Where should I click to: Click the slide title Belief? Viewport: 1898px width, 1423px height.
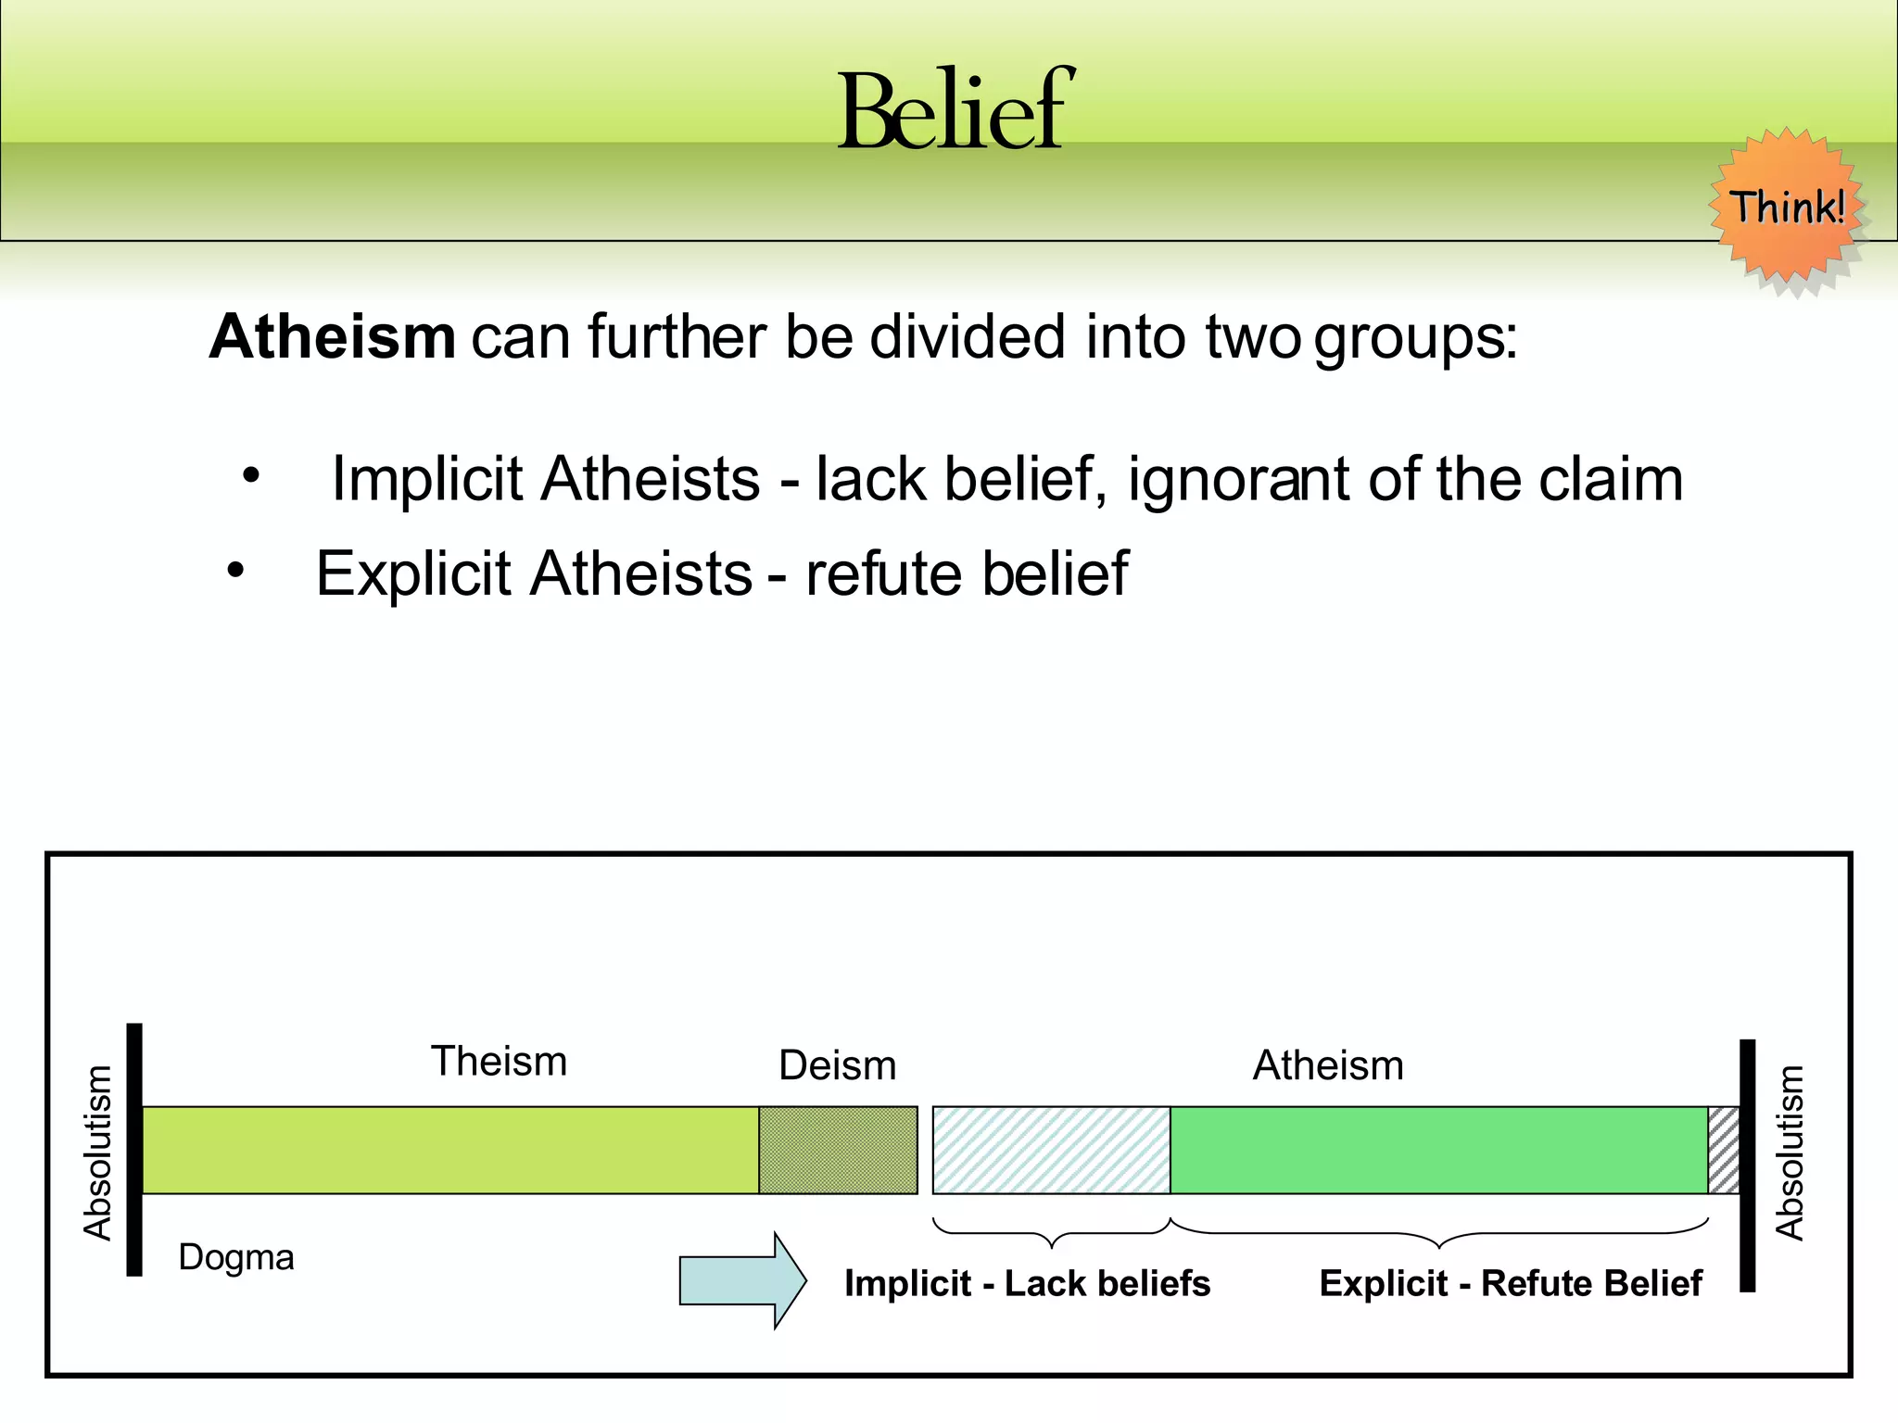[x=955, y=111]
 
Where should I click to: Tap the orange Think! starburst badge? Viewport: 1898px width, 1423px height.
[x=1787, y=208]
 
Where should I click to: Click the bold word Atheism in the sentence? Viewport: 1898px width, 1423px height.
[x=333, y=336]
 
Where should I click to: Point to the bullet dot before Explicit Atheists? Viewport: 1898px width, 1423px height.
[x=235, y=571]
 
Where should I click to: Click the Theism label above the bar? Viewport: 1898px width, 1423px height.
[x=499, y=1062]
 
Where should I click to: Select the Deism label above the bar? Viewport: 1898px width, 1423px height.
[x=837, y=1065]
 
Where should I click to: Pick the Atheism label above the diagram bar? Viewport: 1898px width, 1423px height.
[x=1327, y=1065]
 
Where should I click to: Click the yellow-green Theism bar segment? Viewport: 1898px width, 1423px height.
[x=449, y=1150]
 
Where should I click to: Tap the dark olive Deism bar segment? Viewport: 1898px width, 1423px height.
[x=838, y=1150]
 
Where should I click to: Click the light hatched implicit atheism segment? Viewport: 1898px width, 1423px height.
[x=1051, y=1150]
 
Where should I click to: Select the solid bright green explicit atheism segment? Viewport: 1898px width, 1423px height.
[x=1438, y=1150]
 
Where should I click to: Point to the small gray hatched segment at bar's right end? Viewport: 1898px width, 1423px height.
[x=1723, y=1150]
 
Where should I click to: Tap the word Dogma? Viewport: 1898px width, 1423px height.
[x=236, y=1258]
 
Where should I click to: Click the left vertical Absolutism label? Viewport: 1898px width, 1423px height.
[x=97, y=1152]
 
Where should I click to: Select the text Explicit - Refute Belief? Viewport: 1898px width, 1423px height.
[x=1510, y=1284]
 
